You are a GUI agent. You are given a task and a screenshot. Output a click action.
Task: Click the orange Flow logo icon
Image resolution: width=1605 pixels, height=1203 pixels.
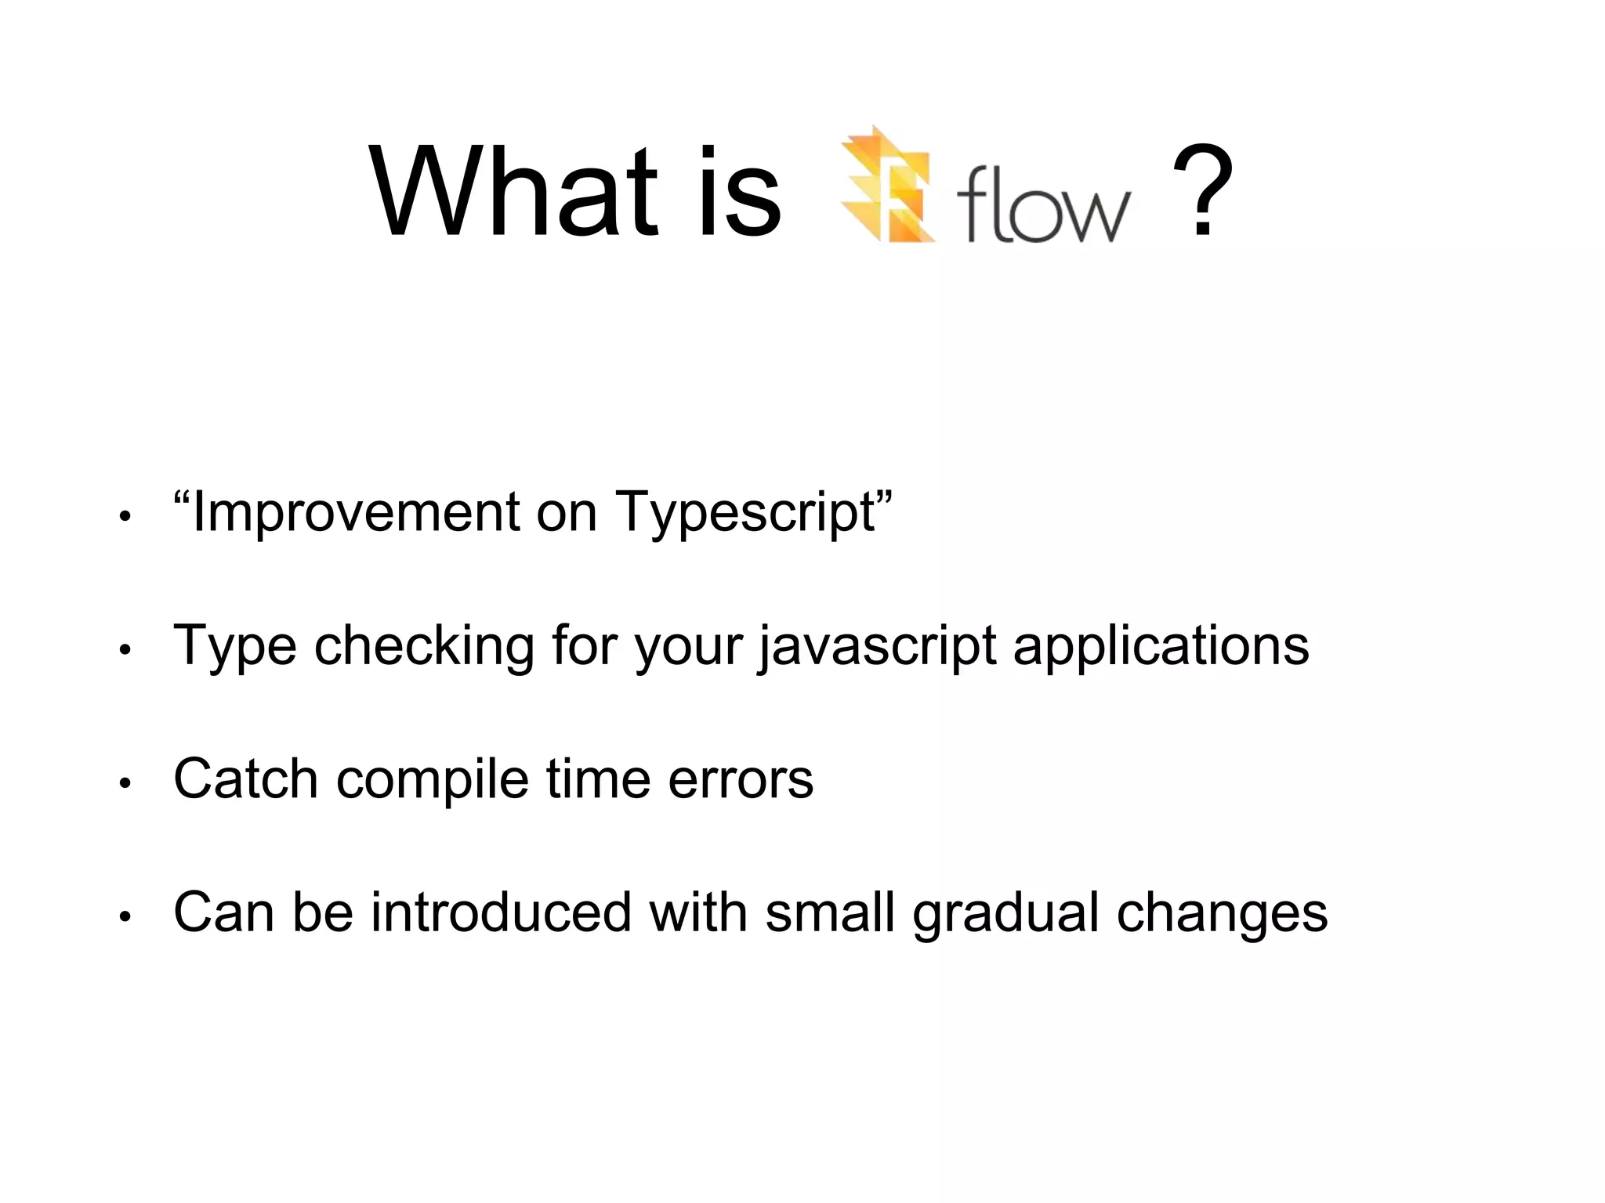[888, 186]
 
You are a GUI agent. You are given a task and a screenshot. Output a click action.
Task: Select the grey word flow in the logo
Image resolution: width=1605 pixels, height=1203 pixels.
[1043, 204]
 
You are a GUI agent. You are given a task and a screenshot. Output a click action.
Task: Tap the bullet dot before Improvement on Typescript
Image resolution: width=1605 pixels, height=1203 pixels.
[124, 518]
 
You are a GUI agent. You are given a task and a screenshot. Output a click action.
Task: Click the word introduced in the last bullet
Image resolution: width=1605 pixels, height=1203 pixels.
[501, 912]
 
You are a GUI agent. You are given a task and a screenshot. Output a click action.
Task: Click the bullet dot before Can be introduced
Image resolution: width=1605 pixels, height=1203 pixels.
[124, 917]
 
